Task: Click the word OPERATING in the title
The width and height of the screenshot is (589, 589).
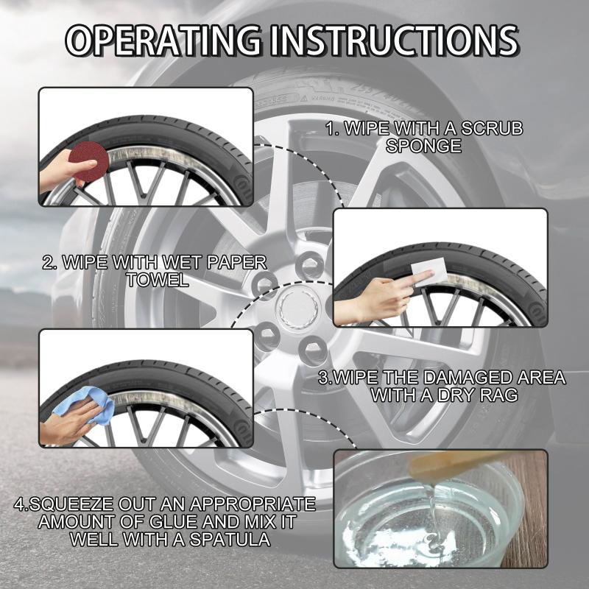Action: (x=163, y=40)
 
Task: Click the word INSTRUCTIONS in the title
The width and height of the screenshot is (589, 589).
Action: (x=395, y=40)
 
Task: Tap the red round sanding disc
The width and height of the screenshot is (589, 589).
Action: (x=89, y=161)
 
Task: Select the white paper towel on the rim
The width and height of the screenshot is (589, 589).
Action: (x=429, y=273)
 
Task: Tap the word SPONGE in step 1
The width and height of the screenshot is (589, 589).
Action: (x=424, y=146)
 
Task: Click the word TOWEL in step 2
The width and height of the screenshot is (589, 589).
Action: (x=158, y=280)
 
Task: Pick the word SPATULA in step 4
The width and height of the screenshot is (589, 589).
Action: (x=230, y=540)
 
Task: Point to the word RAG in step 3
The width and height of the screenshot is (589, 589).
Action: (x=500, y=395)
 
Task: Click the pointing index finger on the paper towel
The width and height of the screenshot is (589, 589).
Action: (x=421, y=279)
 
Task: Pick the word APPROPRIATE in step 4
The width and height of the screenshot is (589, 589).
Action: (x=253, y=504)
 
